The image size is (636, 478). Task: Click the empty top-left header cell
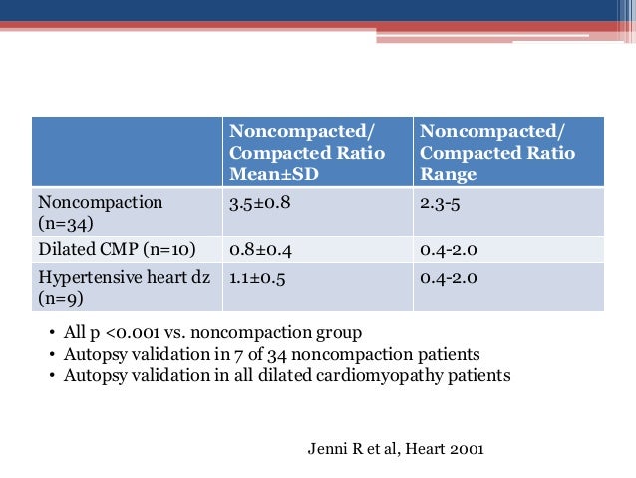click(x=126, y=152)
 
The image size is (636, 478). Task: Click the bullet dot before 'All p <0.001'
click(x=52, y=333)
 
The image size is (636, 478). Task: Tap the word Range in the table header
click(x=449, y=174)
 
